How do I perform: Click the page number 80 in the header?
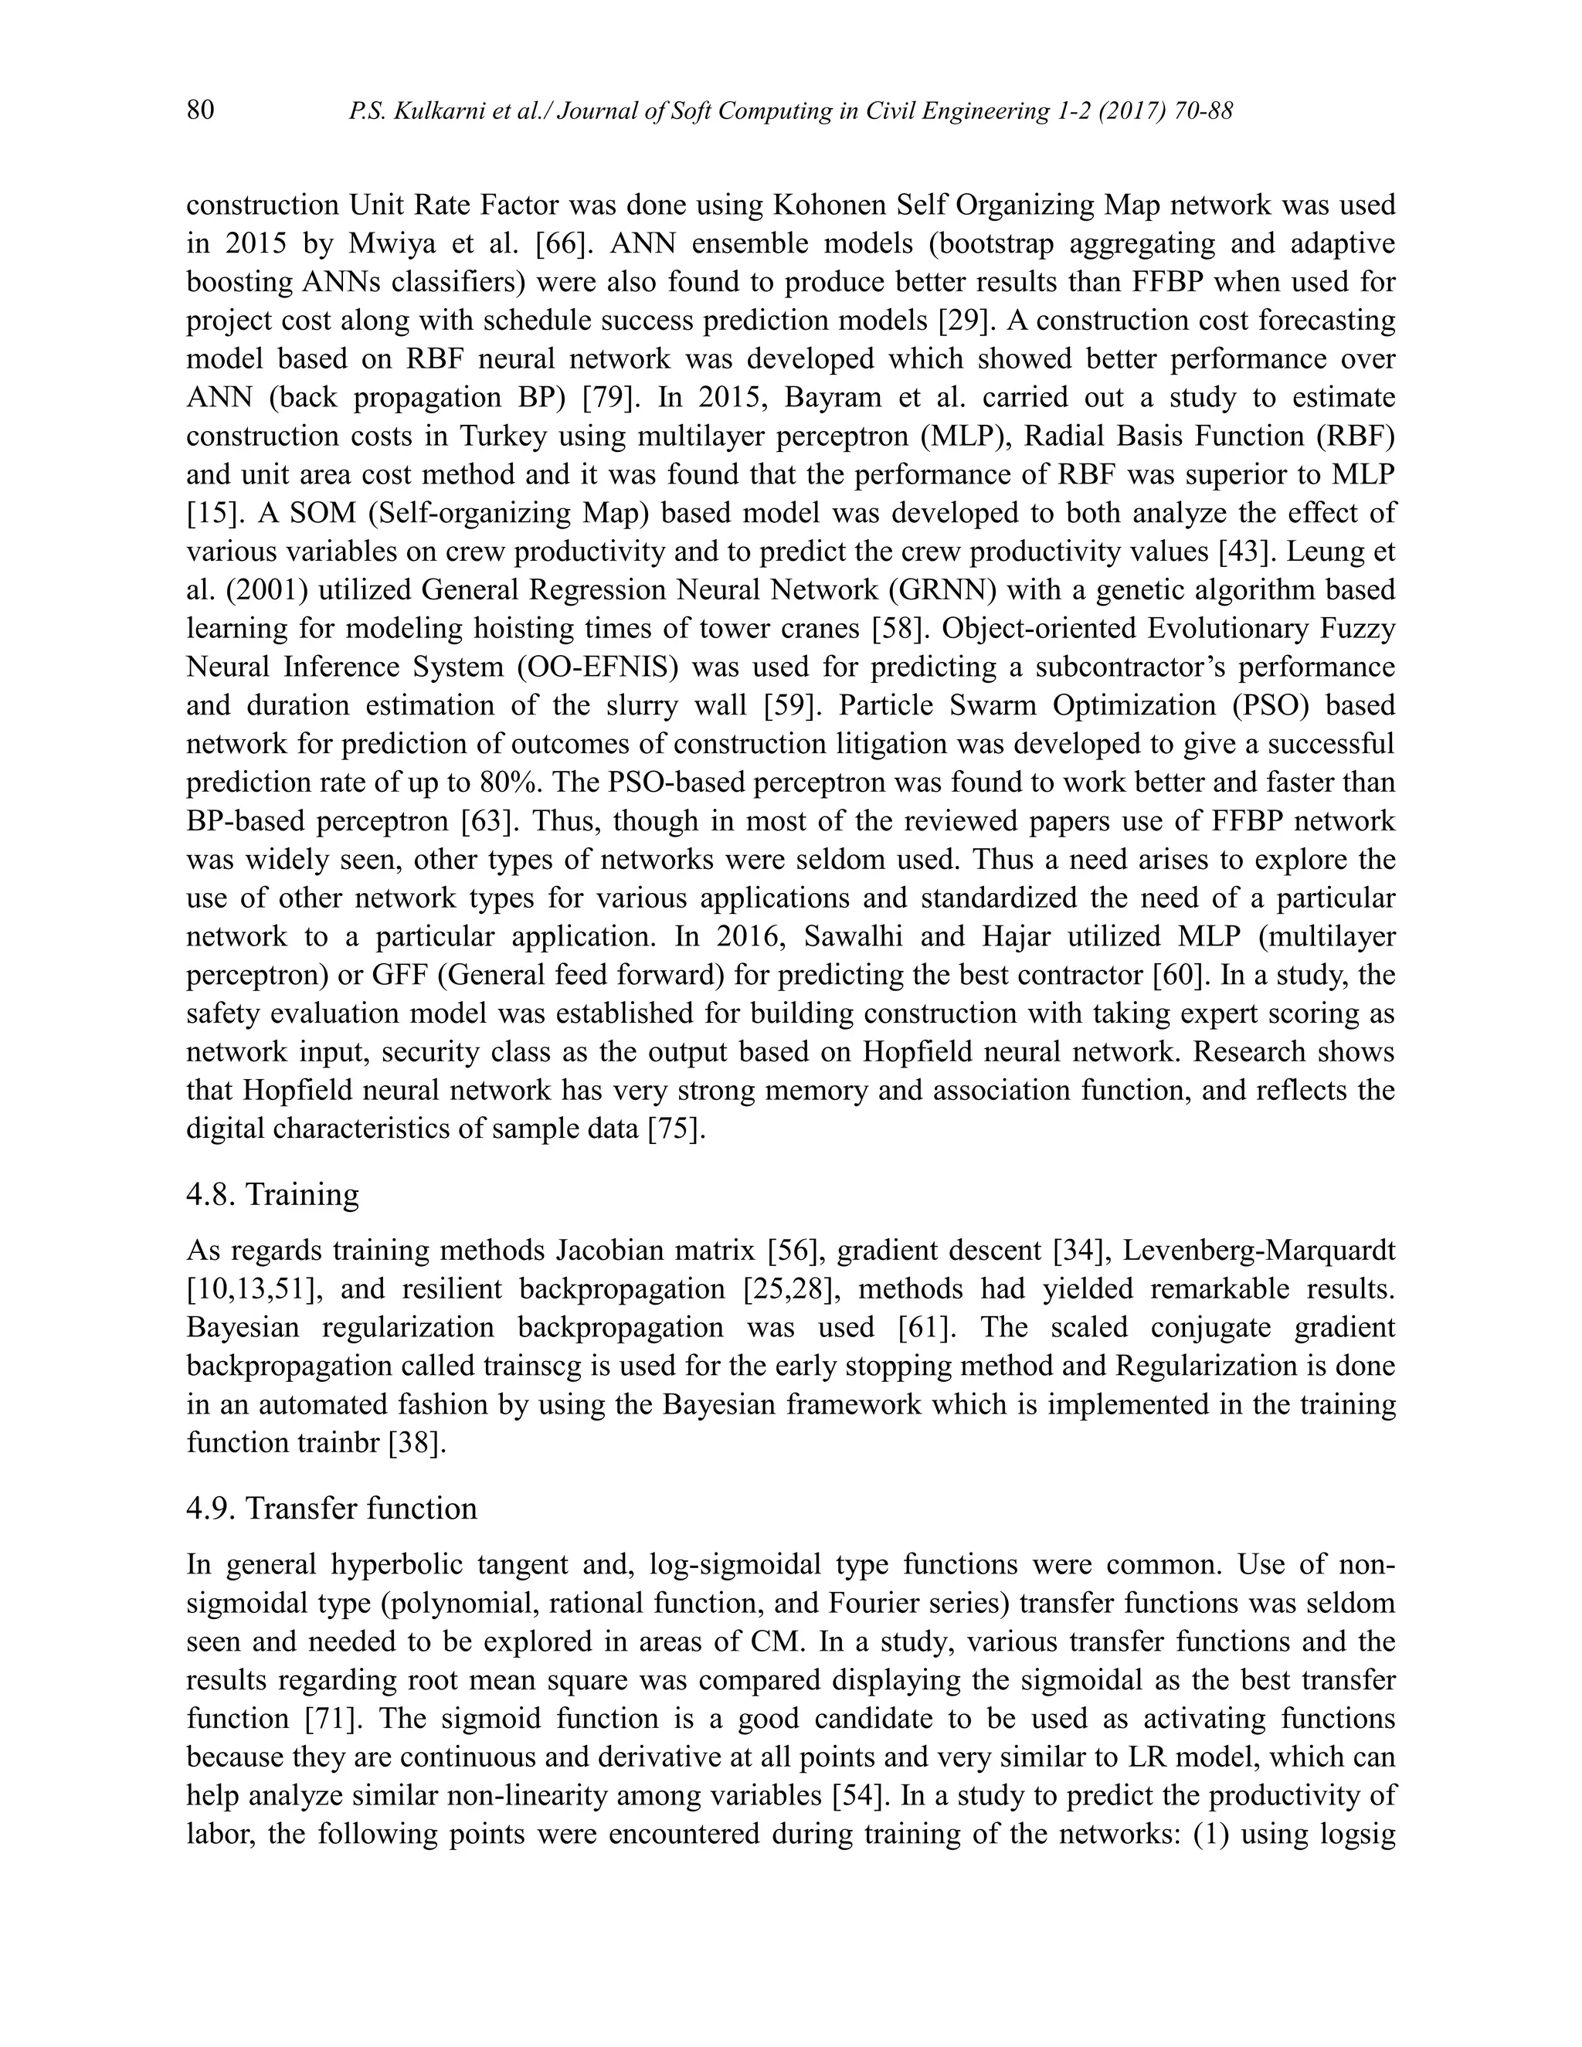point(201,110)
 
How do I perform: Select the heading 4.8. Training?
point(273,1194)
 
